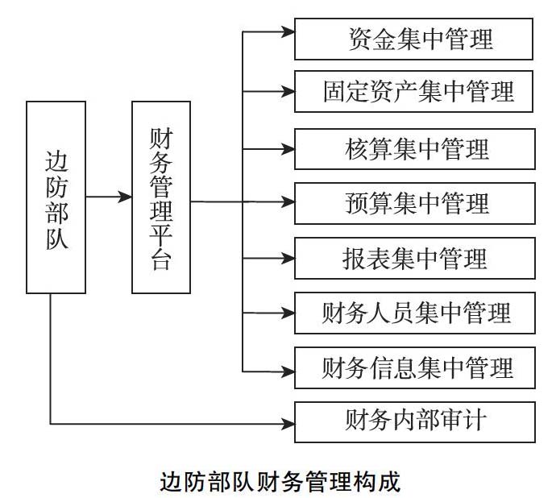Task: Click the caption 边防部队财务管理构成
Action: pyautogui.click(x=280, y=481)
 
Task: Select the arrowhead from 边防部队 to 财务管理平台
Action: pyautogui.click(x=125, y=197)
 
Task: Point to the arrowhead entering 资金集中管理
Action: pyautogui.click(x=288, y=32)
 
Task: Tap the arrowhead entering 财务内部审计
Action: pyautogui.click(x=288, y=424)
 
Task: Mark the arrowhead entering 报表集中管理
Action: pyautogui.click(x=288, y=258)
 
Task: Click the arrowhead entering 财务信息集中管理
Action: pyautogui.click(x=288, y=371)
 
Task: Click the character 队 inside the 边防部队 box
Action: pyautogui.click(x=56, y=239)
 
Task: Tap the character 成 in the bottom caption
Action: pyautogui.click(x=389, y=481)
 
